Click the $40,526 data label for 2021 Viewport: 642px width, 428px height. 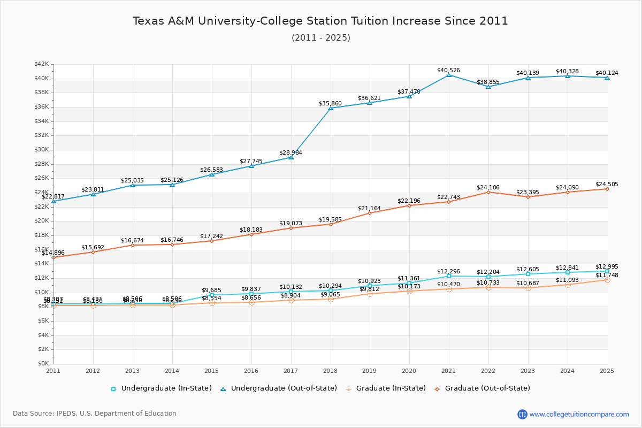click(448, 70)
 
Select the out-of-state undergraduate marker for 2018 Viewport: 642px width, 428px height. click(331, 109)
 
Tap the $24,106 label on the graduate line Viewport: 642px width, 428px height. click(488, 187)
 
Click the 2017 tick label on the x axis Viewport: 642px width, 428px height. click(291, 370)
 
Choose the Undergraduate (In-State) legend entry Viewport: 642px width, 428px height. click(161, 388)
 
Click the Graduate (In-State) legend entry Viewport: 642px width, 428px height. click(380, 388)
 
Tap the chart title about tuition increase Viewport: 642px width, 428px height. click(320, 21)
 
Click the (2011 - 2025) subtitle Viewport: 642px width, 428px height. click(320, 38)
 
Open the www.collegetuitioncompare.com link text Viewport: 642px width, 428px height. click(579, 414)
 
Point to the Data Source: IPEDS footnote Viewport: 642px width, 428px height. click(95, 414)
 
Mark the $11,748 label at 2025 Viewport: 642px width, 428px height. click(606, 275)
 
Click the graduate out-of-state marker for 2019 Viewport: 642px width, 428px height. click(370, 213)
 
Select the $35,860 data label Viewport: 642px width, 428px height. click(330, 103)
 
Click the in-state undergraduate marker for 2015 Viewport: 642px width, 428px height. click(212, 295)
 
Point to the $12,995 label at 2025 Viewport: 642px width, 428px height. click(606, 266)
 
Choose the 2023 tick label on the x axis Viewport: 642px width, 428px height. click(528, 370)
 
